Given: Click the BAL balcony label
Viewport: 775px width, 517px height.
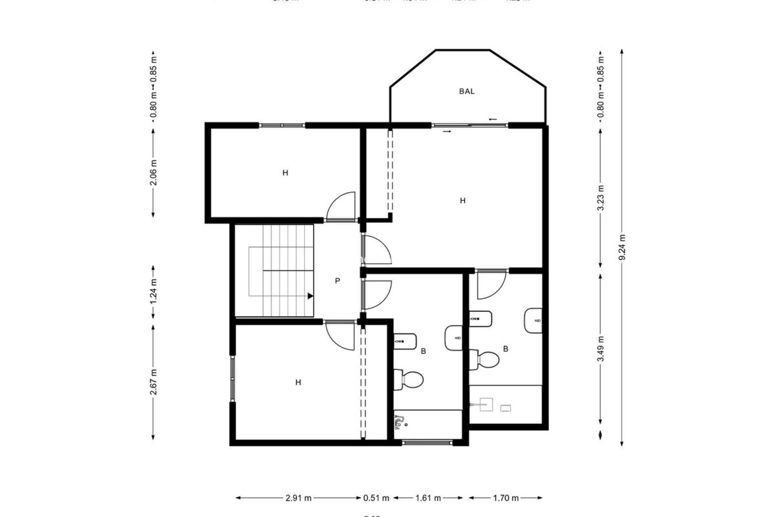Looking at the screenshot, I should [x=467, y=91].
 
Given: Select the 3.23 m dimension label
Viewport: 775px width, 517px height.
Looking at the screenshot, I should [x=601, y=198].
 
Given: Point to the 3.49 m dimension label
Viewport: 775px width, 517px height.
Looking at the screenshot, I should [x=601, y=349].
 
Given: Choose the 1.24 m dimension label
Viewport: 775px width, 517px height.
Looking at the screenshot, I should [x=153, y=292].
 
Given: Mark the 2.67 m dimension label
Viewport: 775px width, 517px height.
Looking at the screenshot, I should [x=153, y=382].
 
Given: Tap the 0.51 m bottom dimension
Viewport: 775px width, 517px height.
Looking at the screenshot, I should [x=376, y=498].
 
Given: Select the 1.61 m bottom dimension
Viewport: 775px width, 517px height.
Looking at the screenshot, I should [x=428, y=498].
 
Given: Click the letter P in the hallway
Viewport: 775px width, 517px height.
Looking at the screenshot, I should [x=337, y=281].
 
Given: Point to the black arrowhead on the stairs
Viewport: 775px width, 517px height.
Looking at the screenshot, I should [x=310, y=296].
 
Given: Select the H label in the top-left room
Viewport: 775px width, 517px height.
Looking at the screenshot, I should [x=285, y=173].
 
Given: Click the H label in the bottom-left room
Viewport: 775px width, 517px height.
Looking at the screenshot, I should [x=298, y=382].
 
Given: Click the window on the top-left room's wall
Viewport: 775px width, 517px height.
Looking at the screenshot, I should [x=282, y=126].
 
